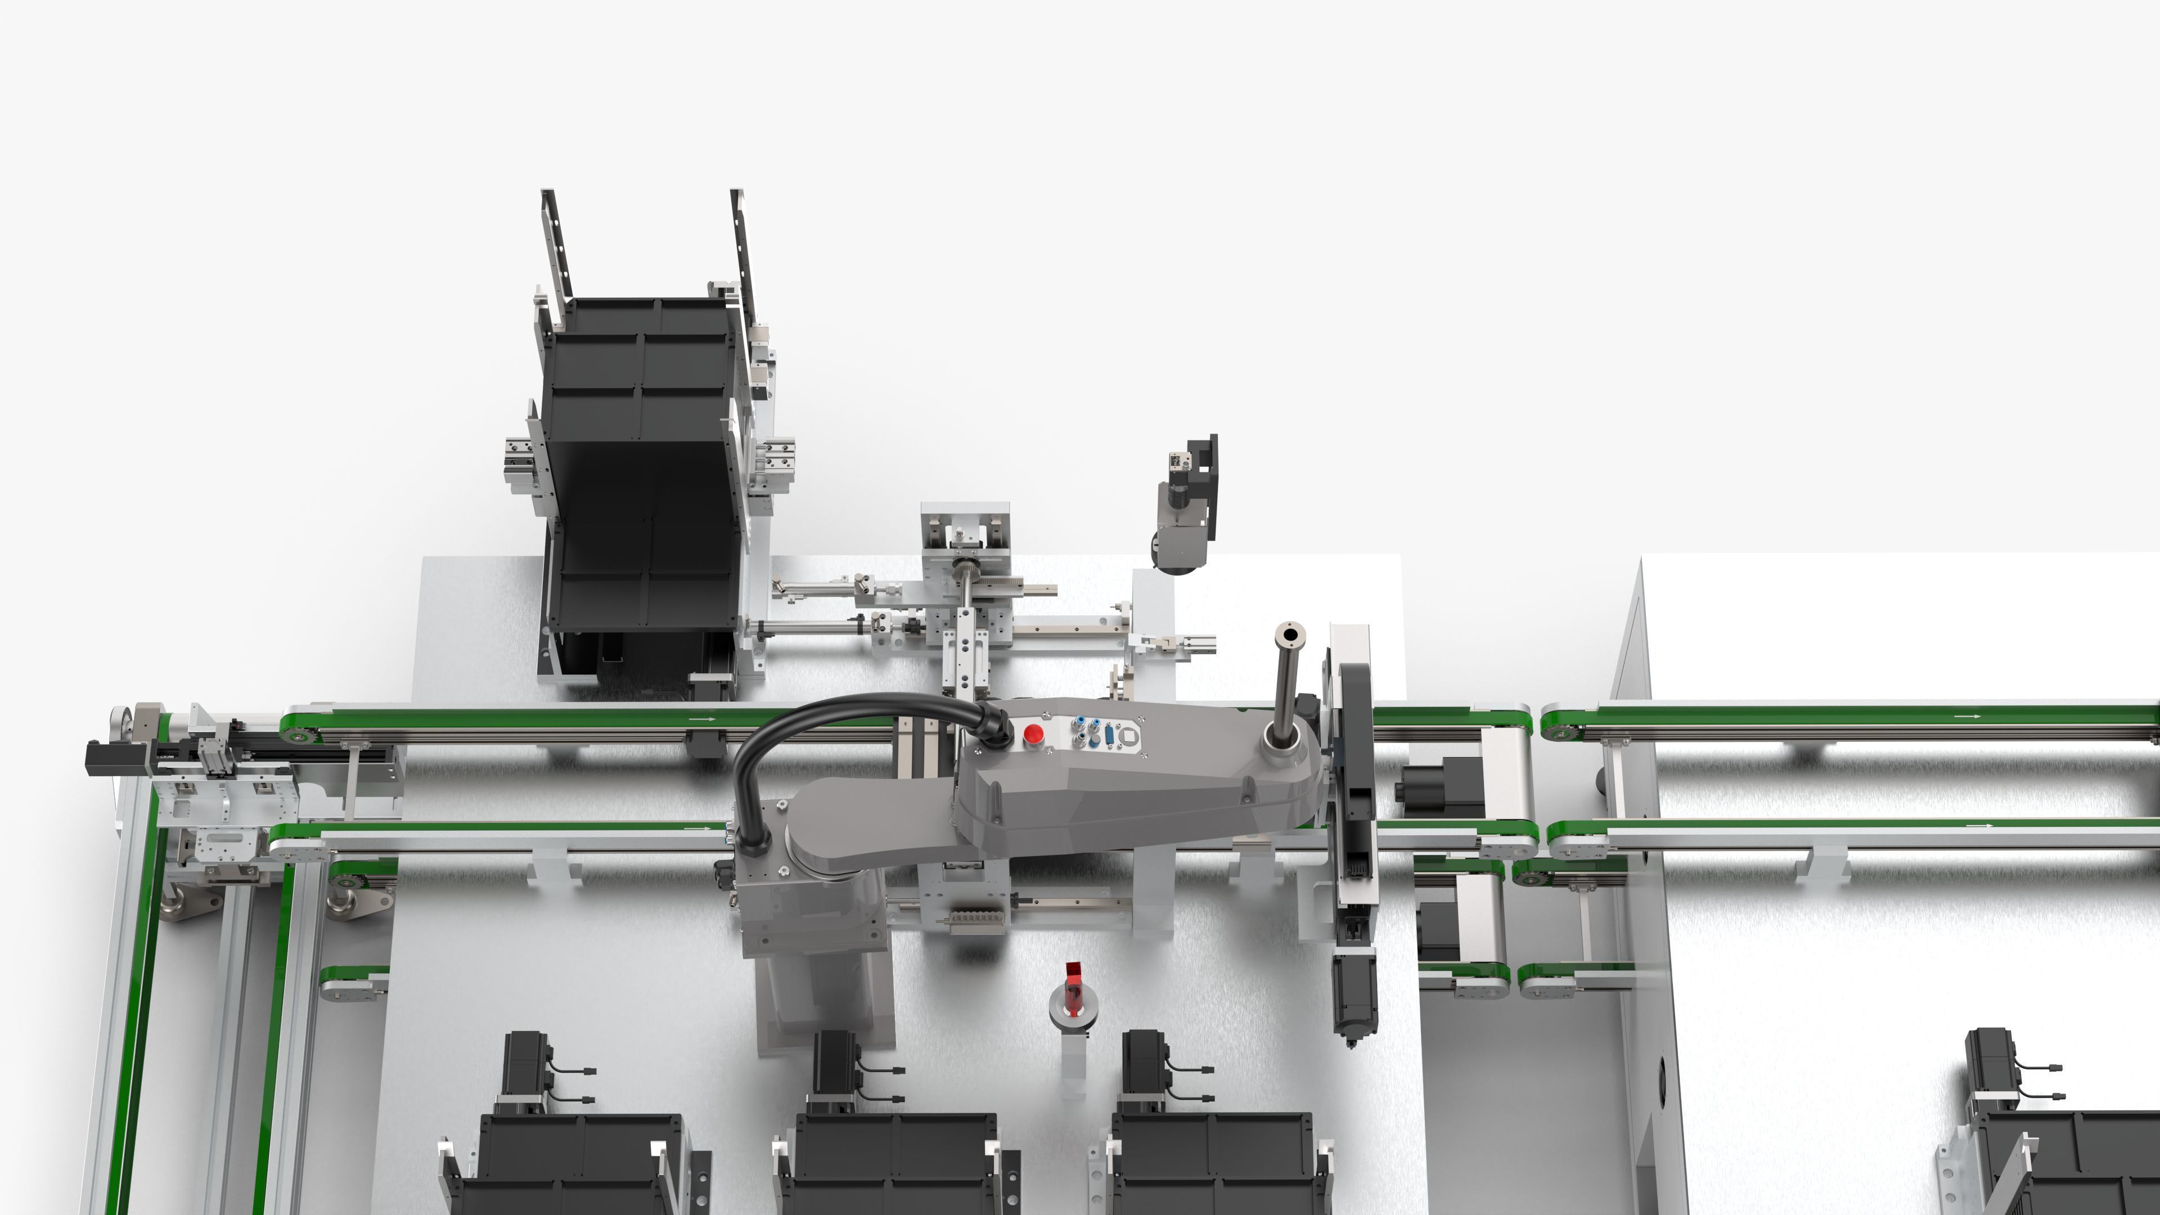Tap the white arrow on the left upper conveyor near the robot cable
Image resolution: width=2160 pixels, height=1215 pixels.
703,719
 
